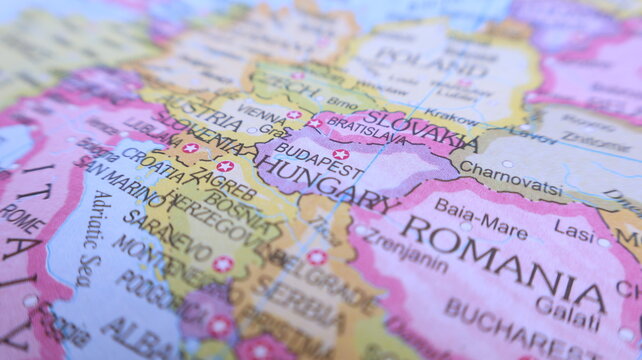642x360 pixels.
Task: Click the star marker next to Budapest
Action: (x=341, y=154)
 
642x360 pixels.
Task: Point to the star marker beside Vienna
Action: (x=293, y=115)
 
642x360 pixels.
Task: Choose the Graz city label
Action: (x=272, y=129)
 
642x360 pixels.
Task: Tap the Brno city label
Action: (x=341, y=103)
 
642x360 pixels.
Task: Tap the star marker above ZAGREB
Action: (x=225, y=166)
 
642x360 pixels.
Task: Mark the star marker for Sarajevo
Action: (x=222, y=263)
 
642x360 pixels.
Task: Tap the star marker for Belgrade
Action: (x=317, y=257)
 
